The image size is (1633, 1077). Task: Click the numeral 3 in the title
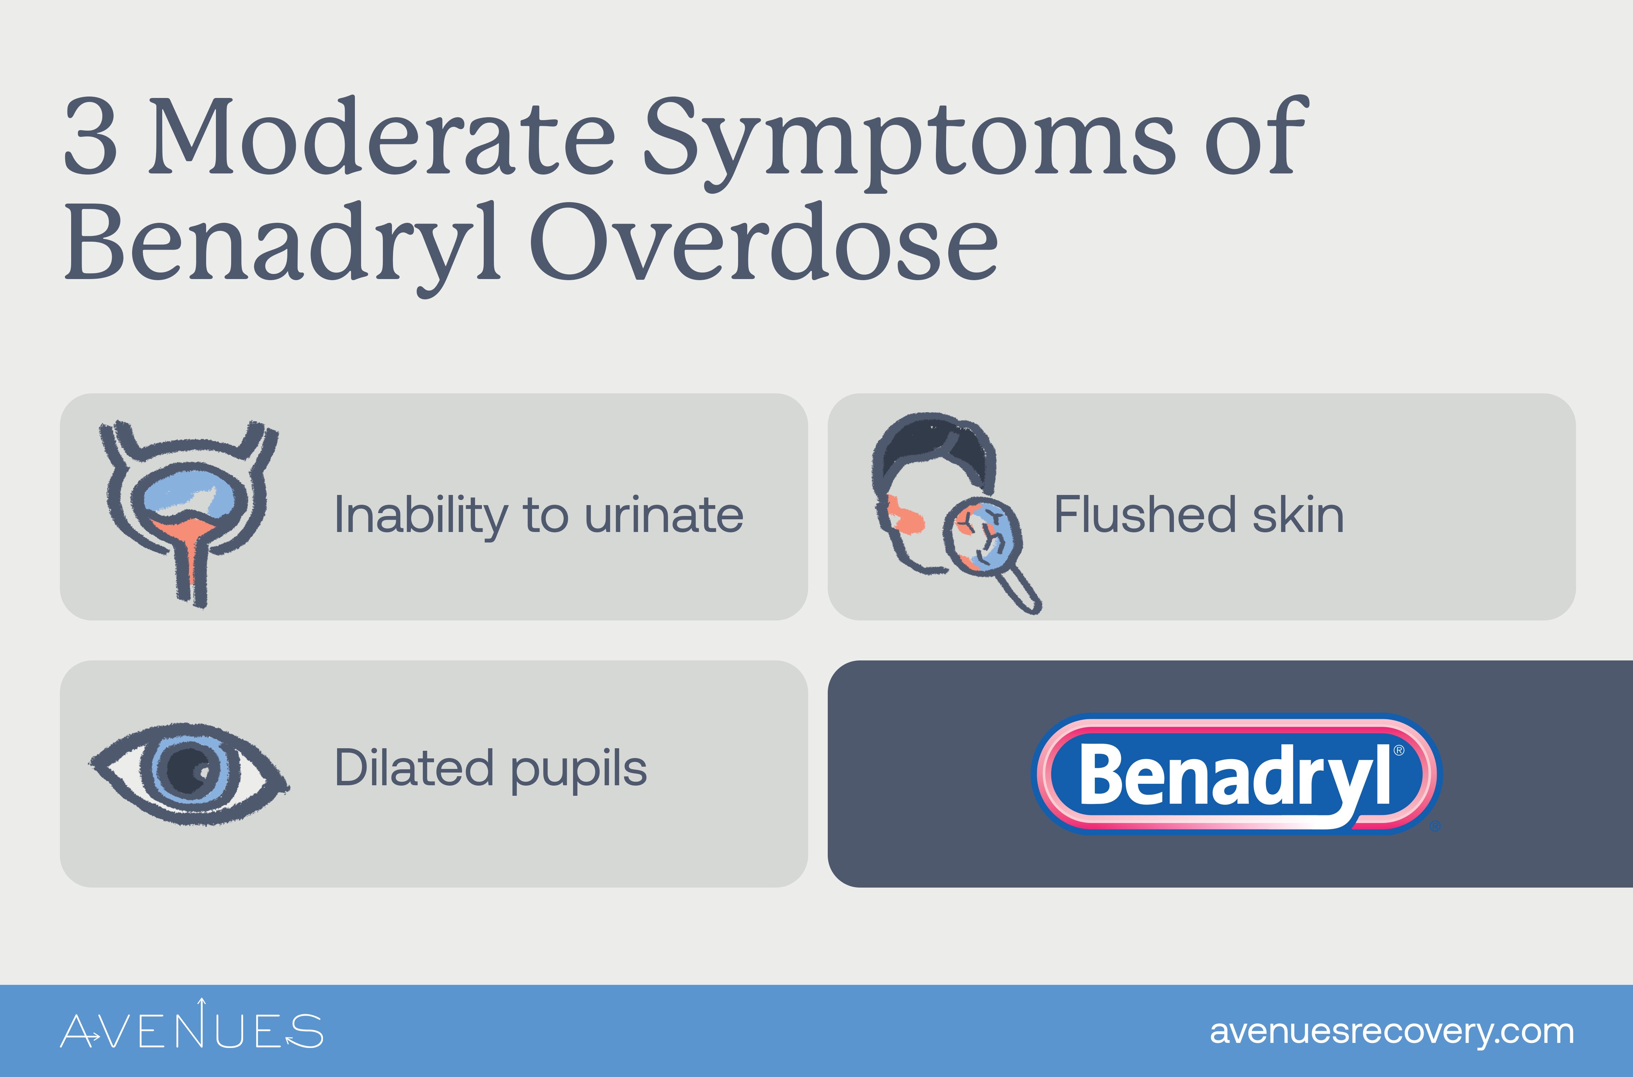[x=91, y=136]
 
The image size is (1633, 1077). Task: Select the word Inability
[x=420, y=516]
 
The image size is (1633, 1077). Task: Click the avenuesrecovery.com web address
[x=1391, y=1032]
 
